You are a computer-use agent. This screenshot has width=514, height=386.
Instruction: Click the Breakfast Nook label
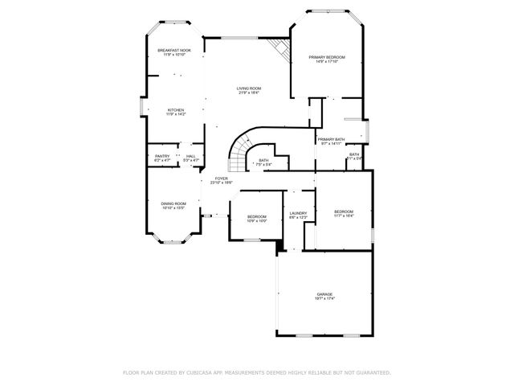174,51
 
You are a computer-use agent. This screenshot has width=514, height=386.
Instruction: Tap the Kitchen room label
175,109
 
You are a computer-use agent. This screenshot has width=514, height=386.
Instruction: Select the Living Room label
248,88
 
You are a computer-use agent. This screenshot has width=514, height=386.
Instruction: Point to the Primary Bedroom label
327,57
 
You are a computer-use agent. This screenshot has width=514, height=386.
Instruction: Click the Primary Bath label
331,140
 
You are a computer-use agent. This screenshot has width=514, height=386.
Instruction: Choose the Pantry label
162,156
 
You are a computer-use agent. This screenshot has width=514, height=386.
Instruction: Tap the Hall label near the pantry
190,156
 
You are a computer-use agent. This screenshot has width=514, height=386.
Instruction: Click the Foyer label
221,179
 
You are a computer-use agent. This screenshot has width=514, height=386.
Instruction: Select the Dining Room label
174,203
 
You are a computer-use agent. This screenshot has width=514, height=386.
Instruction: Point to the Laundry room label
298,213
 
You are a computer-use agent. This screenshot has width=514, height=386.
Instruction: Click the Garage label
324,294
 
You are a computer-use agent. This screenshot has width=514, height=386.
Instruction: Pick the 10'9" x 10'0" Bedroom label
257,216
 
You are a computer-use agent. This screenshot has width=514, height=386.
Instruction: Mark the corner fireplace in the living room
279,47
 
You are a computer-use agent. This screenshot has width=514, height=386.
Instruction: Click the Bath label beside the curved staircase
263,160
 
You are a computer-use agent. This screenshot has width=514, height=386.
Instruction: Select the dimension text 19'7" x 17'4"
324,300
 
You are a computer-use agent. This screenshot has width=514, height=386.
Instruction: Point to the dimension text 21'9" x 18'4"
248,93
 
